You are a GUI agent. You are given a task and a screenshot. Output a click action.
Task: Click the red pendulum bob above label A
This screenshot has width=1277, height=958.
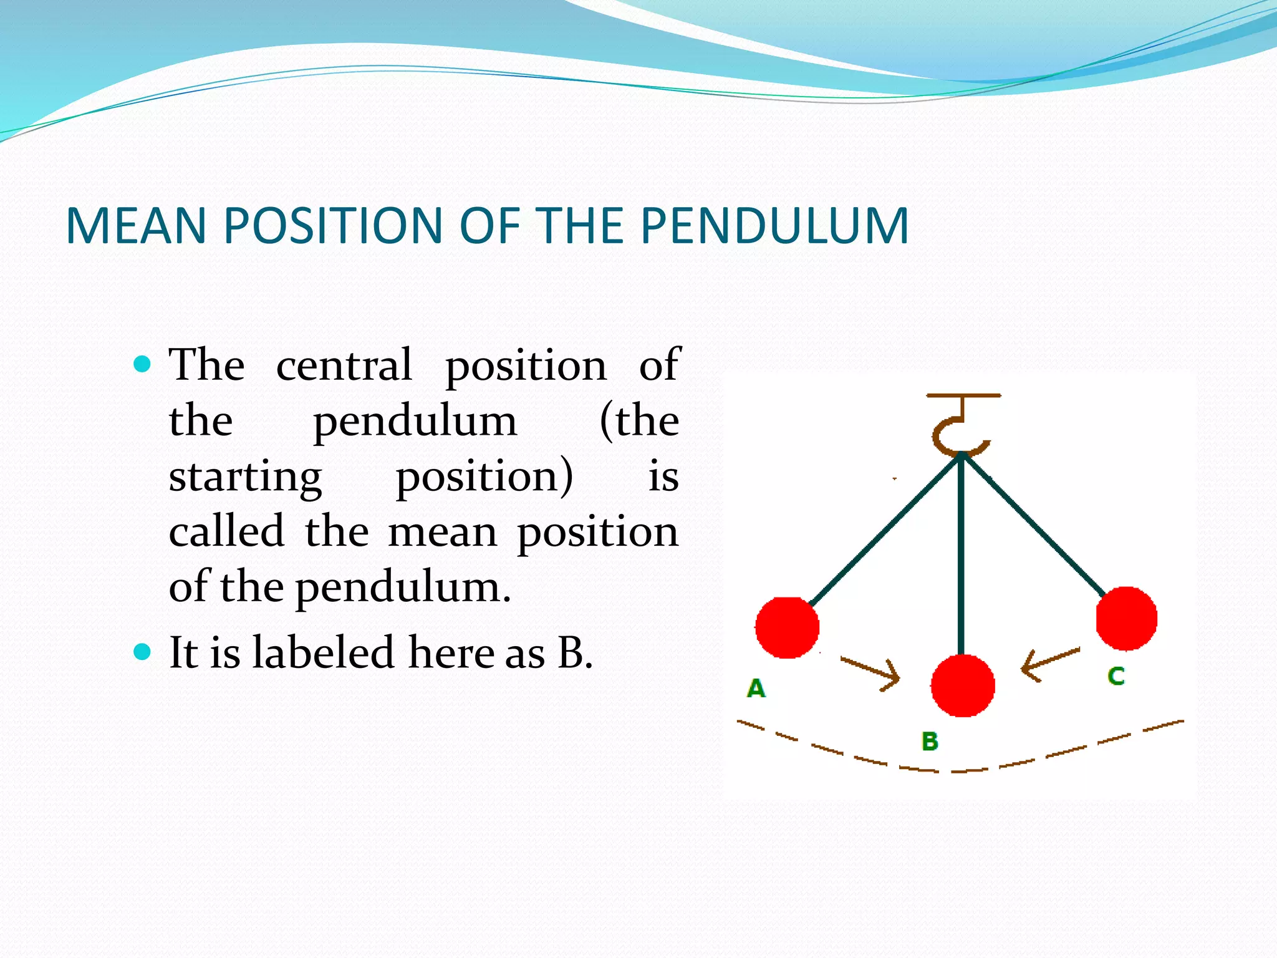pos(787,627)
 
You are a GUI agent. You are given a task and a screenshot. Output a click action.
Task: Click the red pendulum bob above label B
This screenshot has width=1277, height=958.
pos(963,685)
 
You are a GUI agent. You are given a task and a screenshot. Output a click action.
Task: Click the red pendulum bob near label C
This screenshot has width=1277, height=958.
pos(1127,618)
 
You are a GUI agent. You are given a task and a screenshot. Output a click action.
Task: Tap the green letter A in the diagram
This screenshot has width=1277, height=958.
pos(756,689)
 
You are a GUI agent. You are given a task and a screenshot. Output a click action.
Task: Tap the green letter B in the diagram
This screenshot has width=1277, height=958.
pos(930,742)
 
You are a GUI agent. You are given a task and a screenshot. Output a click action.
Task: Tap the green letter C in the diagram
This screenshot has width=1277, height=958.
pos(1116,676)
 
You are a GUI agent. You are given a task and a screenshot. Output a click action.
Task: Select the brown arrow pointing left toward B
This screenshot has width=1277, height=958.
pos(1051,664)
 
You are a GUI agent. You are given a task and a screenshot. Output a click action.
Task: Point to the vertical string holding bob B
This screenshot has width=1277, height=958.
pos(961,555)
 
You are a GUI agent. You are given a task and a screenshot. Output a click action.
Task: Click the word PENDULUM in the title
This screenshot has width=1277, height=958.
pos(774,225)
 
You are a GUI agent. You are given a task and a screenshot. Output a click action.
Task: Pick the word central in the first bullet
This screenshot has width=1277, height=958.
pos(344,364)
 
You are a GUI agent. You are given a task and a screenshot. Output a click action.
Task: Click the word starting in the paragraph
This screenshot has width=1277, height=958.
pos(245,477)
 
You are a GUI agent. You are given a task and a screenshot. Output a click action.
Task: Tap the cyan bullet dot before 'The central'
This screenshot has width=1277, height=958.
pos(143,364)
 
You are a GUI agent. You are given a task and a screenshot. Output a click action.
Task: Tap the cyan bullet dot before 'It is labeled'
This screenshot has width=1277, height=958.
pos(143,652)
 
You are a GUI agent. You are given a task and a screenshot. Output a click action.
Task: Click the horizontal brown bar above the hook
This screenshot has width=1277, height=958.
pos(963,395)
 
